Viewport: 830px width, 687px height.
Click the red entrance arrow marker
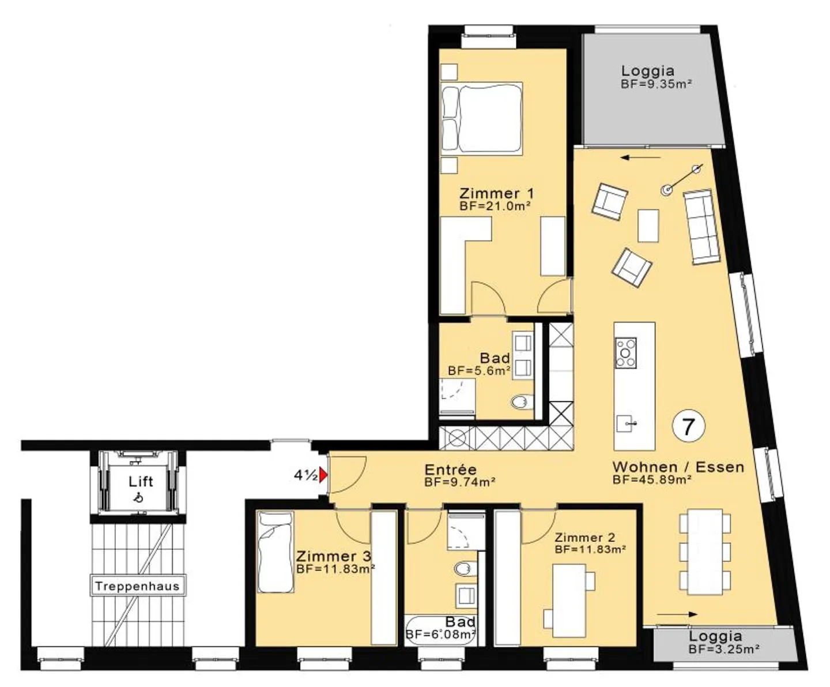click(x=323, y=475)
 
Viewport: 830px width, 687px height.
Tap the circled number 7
click(x=688, y=426)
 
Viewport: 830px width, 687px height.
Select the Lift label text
click(x=141, y=481)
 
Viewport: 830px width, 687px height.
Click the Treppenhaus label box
click(x=138, y=585)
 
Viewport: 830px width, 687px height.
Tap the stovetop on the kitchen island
click(x=626, y=352)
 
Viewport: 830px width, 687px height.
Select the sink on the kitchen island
click(x=626, y=423)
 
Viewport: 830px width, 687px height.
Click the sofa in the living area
click(x=701, y=227)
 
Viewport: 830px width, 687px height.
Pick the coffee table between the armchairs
click(x=648, y=226)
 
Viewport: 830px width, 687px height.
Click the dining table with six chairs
click(x=705, y=552)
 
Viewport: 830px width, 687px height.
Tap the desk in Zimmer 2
click(x=569, y=600)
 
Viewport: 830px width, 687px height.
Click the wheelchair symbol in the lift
click(x=138, y=497)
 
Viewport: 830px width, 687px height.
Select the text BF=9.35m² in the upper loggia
click(x=657, y=84)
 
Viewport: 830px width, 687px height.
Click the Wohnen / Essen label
click(x=678, y=467)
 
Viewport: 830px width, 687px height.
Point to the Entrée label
click(x=450, y=470)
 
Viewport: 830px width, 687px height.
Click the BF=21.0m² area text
click(x=495, y=206)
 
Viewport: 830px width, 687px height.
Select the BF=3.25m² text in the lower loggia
click(x=725, y=649)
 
